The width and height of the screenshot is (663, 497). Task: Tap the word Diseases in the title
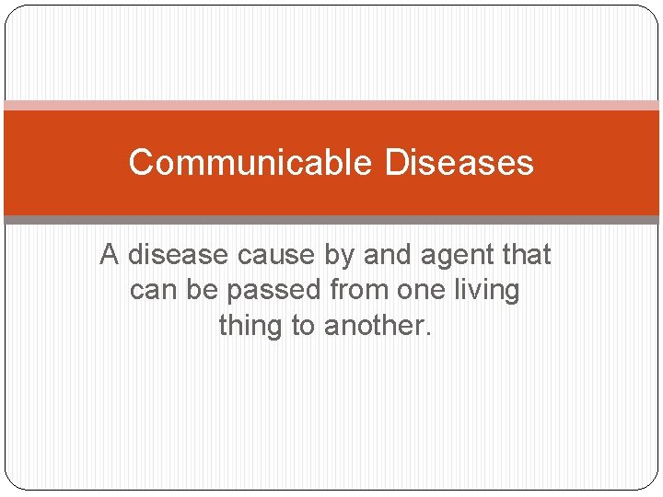pos(459,163)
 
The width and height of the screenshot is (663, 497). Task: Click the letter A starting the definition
pos(110,255)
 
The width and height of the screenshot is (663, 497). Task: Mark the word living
pos(488,291)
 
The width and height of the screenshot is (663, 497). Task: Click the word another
pos(378,326)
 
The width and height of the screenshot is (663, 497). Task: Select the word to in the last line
pos(305,326)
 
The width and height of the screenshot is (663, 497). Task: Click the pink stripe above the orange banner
pos(331,106)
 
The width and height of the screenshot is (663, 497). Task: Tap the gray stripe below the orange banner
pos(331,220)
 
